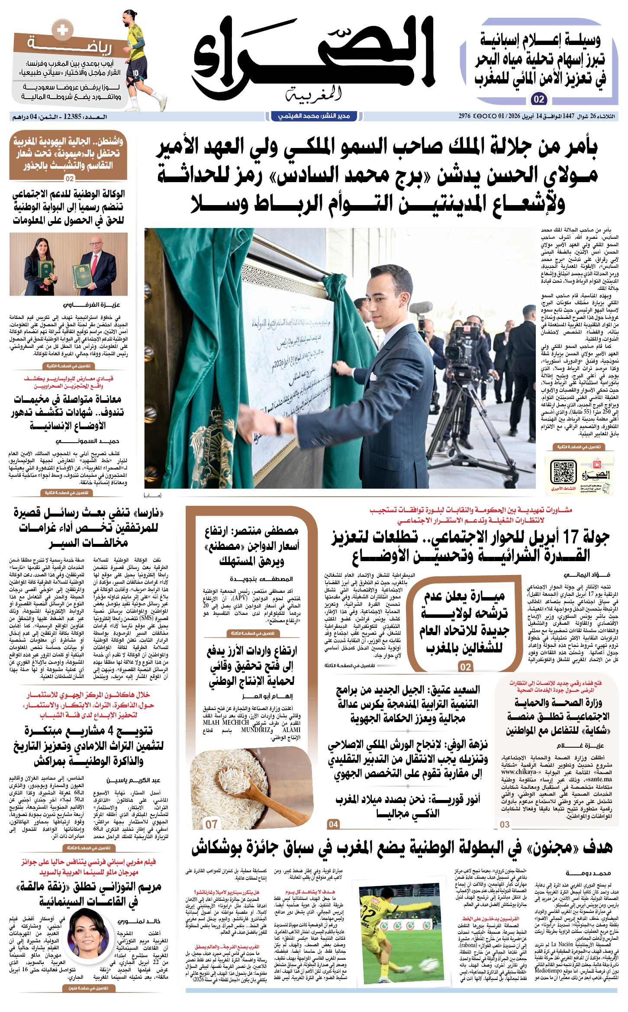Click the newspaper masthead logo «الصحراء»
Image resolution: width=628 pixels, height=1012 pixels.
[x=313, y=56]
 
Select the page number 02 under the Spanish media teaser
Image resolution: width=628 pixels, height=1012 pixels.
[x=539, y=99]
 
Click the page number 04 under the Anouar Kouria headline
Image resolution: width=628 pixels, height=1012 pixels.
[x=333, y=824]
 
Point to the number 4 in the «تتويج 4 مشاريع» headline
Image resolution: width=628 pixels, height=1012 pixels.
[x=110, y=731]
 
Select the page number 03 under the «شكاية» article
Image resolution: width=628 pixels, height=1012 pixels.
[x=505, y=824]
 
